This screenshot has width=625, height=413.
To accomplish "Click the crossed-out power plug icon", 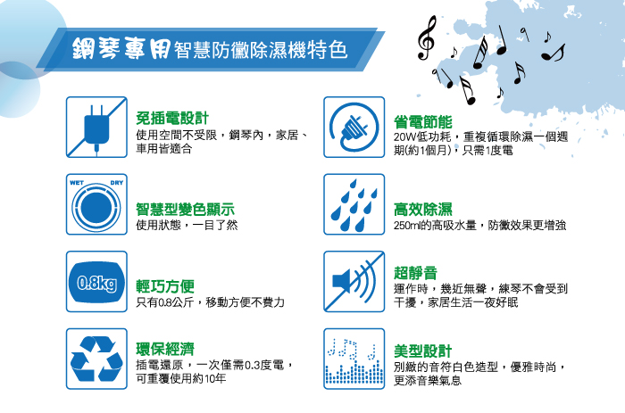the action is pyautogui.click(x=96, y=127).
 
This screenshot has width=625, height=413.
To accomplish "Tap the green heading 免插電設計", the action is pyautogui.click(x=172, y=119).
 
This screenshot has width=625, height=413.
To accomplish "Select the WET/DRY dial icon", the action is pyautogui.click(x=96, y=204).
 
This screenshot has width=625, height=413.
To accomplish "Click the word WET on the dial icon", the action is pyautogui.click(x=77, y=183).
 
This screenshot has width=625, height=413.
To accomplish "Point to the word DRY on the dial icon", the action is pyautogui.click(x=116, y=183).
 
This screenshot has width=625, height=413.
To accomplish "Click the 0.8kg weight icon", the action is pyautogui.click(x=96, y=282).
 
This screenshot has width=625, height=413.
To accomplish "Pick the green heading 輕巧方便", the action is pyautogui.click(x=165, y=286).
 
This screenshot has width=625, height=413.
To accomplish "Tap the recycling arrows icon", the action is pyautogui.click(x=96, y=359).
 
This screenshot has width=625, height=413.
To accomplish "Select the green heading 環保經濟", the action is pyautogui.click(x=165, y=349).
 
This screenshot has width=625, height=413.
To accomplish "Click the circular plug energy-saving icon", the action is pyautogui.click(x=354, y=127).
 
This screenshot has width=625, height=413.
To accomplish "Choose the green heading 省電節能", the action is pyautogui.click(x=423, y=122).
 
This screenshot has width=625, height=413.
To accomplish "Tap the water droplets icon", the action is pyautogui.click(x=354, y=204).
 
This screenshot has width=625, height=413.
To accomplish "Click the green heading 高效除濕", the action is pyautogui.click(x=423, y=210).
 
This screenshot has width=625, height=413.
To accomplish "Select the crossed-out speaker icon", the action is pyautogui.click(x=354, y=282).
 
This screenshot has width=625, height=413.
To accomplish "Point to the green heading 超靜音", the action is pyautogui.click(x=415, y=273).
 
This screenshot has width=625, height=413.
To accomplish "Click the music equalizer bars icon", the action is pyautogui.click(x=354, y=359).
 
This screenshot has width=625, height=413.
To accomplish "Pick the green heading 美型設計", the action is pyautogui.click(x=423, y=351).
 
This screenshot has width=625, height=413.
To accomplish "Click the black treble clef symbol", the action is pyautogui.click(x=426, y=38).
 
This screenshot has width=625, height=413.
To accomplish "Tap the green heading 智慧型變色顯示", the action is pyautogui.click(x=186, y=210).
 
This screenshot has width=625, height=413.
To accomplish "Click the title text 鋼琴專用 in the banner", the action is pyautogui.click(x=121, y=48).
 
